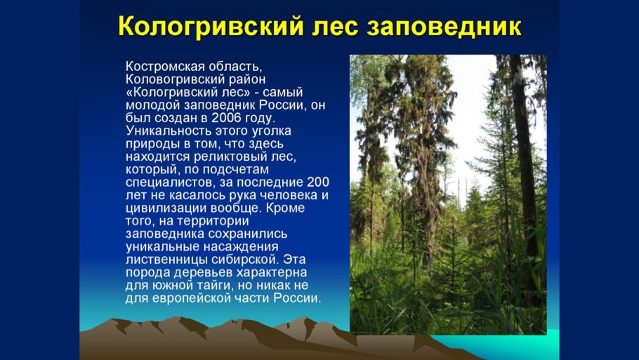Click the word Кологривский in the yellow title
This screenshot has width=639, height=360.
[211, 27]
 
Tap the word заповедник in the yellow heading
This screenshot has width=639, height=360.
[444, 27]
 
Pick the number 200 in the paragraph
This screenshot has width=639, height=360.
[318, 182]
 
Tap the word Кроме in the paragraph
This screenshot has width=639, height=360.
[285, 208]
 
